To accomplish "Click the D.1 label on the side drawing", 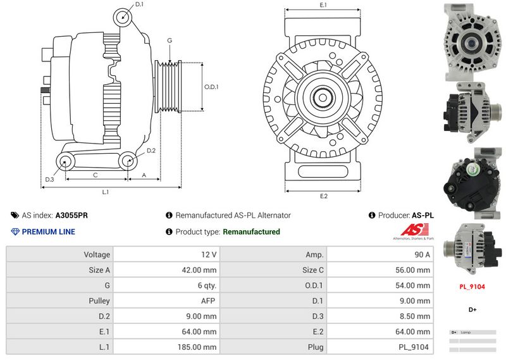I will [139, 4].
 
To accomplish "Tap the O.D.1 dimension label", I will [211, 87].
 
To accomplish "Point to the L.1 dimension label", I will [106, 191].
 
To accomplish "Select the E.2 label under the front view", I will [324, 196].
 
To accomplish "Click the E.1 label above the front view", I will [323, 5].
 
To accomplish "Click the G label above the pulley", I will [170, 40].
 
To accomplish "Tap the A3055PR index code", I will [71, 215].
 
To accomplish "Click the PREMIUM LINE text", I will [48, 232].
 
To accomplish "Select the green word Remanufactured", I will [251, 232].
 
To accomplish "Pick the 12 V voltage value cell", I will [166, 254].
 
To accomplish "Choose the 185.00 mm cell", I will [166, 347].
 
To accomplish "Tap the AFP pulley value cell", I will [166, 301].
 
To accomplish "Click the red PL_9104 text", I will [472, 287].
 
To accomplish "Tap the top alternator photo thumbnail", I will [472, 42].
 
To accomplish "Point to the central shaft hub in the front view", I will [324, 98].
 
